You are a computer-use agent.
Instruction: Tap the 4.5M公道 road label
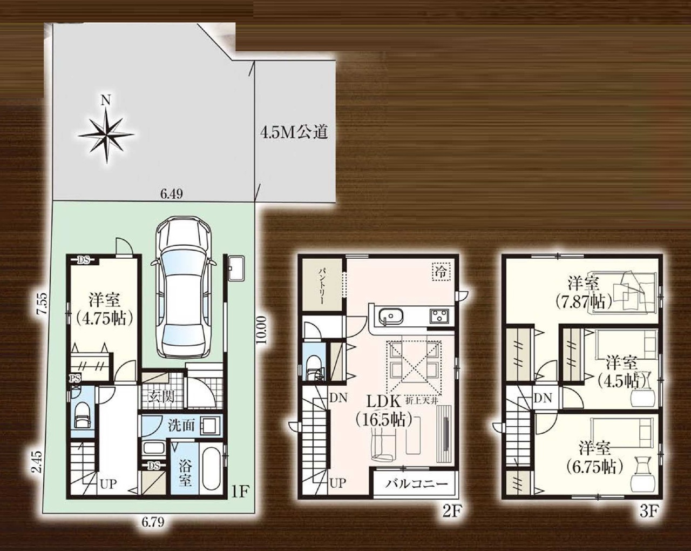click(x=294, y=132)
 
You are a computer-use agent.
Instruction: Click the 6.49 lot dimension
click(x=172, y=193)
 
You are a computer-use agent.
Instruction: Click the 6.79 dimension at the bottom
click(x=153, y=531)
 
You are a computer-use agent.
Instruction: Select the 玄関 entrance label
click(x=161, y=398)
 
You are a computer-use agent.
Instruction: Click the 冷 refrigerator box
click(x=442, y=272)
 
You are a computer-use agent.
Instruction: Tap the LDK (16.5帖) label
click(x=384, y=411)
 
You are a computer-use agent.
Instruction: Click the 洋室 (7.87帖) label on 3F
click(x=583, y=293)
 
